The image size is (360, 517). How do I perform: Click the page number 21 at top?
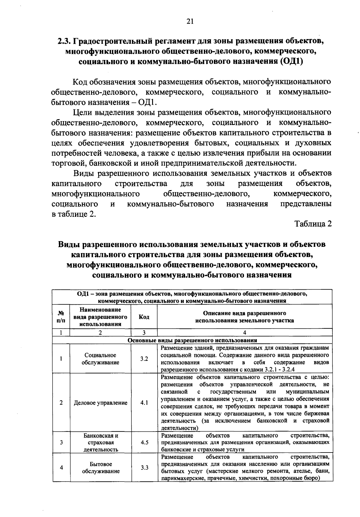(x=190, y=21)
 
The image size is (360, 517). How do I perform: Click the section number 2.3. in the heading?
(x=65, y=41)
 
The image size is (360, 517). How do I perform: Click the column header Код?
(x=144, y=317)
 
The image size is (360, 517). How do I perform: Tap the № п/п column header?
(x=61, y=317)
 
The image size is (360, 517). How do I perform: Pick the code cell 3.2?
(x=144, y=359)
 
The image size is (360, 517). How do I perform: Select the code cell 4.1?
(x=144, y=403)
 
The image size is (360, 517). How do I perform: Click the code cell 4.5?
(x=144, y=442)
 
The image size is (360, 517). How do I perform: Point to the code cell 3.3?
(x=144, y=468)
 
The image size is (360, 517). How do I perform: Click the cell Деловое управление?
(x=100, y=403)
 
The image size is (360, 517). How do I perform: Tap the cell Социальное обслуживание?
(x=100, y=359)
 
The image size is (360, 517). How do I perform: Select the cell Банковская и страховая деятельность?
(x=100, y=442)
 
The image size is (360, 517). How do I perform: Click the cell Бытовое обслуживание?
(x=100, y=468)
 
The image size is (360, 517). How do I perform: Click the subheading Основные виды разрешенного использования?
(x=192, y=340)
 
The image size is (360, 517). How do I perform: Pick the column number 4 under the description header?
(x=244, y=332)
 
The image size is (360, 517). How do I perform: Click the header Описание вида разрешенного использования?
(x=244, y=317)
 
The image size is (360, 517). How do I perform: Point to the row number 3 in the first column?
(x=61, y=442)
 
